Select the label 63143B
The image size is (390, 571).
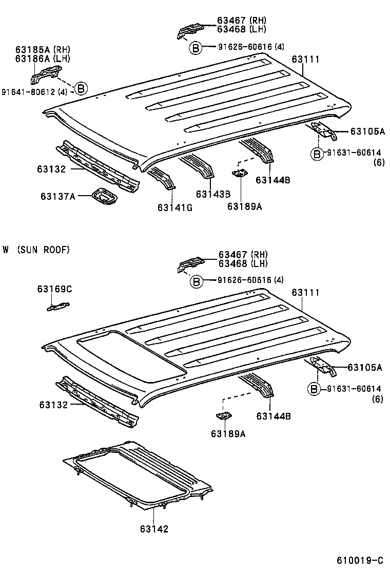(212, 194)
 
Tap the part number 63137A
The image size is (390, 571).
(57, 196)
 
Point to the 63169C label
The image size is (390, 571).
(54, 289)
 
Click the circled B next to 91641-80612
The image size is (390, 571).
(81, 88)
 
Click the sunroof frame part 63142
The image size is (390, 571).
(139, 472)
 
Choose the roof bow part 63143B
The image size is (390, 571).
(198, 166)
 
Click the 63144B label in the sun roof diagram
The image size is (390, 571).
(274, 416)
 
